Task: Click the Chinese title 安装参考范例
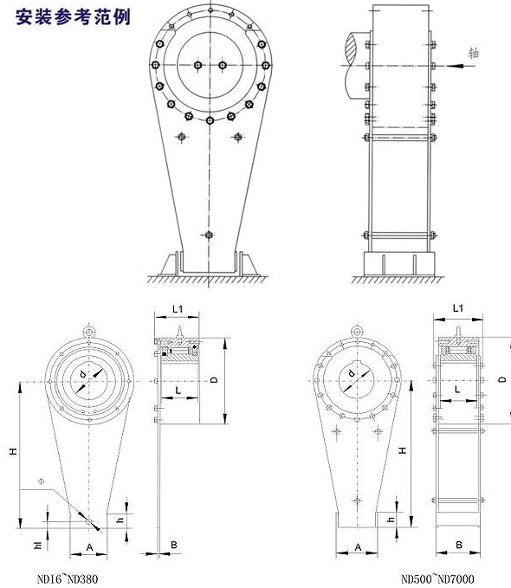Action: click(73, 17)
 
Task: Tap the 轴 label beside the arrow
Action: click(474, 53)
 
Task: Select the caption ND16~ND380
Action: click(68, 578)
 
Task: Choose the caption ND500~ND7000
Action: click(437, 578)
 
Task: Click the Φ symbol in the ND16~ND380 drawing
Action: click(41, 481)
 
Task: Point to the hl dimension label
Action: click(38, 545)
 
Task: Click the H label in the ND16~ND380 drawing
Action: click(14, 451)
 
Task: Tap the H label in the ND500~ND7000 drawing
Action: click(403, 450)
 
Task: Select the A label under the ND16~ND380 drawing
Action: click(89, 547)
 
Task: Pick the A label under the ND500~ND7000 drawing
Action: click(358, 547)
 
